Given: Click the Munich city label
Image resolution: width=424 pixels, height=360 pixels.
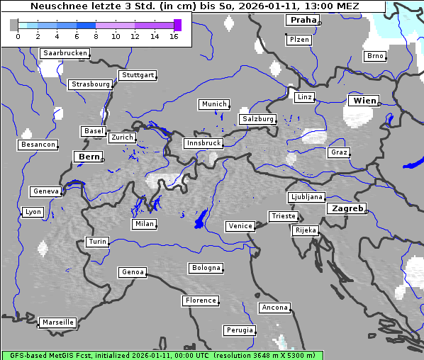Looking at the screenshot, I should coord(213,104).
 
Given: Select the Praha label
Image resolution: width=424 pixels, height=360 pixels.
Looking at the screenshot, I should coord(302,20).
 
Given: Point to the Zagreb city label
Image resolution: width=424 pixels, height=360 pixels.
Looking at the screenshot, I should coord(346,208).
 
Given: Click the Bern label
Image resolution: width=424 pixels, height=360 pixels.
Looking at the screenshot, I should coord(89,157).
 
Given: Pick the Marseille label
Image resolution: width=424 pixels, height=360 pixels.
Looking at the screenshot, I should coord(57,322).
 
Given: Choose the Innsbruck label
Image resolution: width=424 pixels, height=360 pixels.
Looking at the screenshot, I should coord(203,143).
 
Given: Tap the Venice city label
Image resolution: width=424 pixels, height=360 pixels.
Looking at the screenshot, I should coord(240,226).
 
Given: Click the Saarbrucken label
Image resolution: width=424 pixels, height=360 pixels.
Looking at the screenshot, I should coord(65,53).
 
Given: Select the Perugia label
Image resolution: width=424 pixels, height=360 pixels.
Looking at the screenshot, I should coord(240,330).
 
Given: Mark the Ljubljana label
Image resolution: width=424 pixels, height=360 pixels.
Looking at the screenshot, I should coord(306,197).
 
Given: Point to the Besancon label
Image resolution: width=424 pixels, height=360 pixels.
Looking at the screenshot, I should coord(38,145).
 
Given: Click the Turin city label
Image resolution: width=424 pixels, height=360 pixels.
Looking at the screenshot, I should coord(97,242).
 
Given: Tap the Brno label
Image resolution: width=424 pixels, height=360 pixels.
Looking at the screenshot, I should coord(374,56).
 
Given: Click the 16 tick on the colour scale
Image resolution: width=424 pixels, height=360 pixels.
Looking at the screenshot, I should coord(174,36).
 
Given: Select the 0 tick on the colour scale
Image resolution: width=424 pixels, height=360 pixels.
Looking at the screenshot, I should coord(18,36).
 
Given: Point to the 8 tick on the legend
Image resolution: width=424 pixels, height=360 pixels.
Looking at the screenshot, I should coord(96,36).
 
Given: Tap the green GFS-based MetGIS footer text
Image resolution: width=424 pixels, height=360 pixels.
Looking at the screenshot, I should coord(162,355).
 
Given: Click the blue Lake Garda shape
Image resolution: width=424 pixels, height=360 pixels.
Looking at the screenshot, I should coord(201,219).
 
